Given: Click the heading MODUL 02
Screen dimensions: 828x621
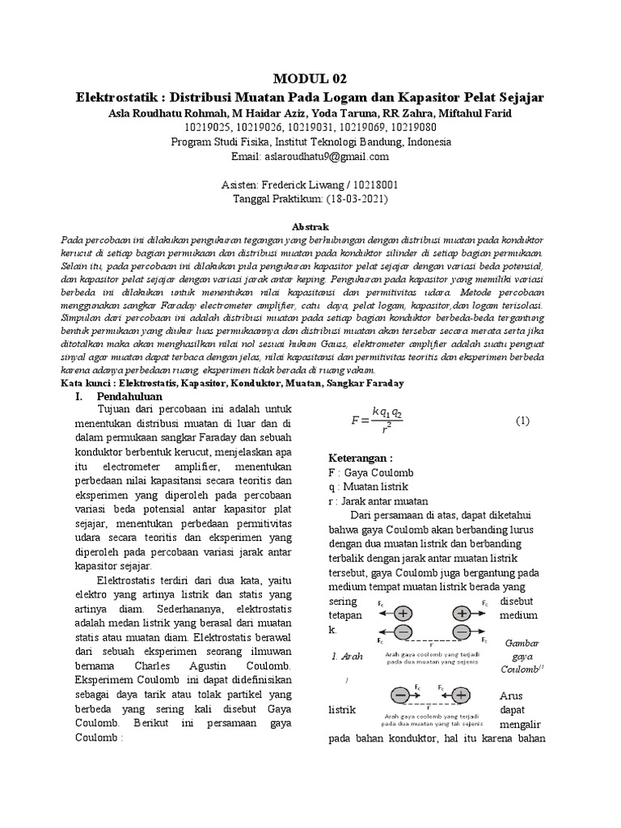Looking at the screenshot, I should coord(310,78).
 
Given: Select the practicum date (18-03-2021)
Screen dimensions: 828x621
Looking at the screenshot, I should coord(355,199).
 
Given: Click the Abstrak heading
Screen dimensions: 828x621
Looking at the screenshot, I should coord(310,227).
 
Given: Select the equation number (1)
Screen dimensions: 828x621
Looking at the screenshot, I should coord(522,420).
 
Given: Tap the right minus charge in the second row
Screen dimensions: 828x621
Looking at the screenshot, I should coord(462,632).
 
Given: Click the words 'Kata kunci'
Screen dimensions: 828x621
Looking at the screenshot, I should coord(85,382).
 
